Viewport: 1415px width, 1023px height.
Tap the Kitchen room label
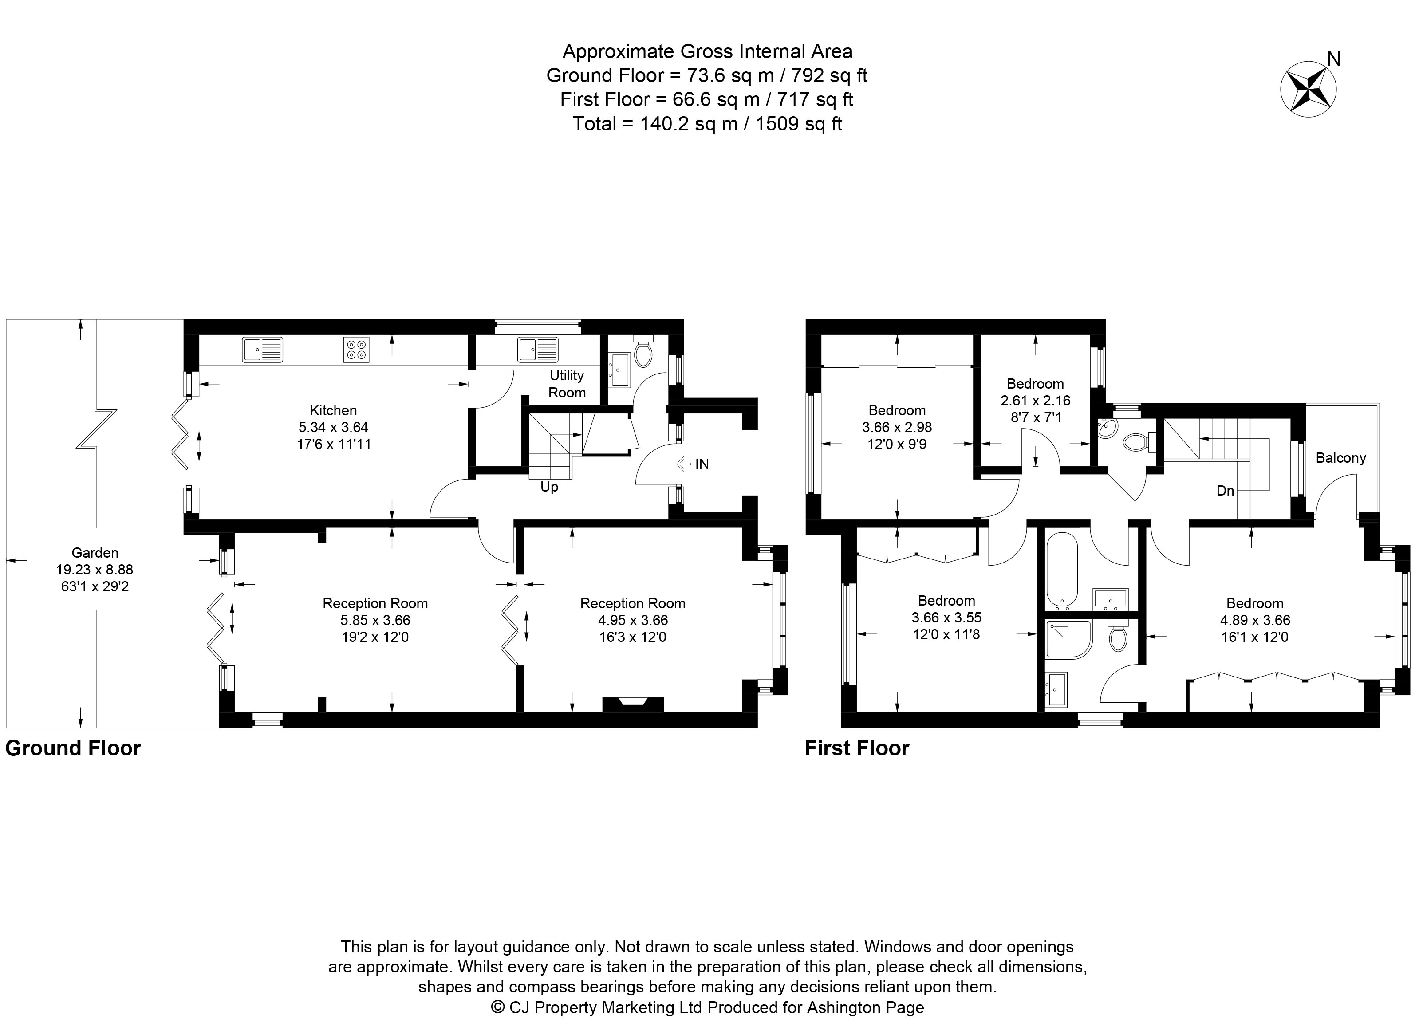point(333,410)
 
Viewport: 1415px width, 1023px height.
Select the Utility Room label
point(567,384)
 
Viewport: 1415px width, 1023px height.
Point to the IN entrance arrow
point(684,464)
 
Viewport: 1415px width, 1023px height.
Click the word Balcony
point(1341,458)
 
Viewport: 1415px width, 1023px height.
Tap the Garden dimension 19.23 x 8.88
point(95,570)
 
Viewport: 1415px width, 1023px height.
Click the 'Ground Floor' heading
point(73,748)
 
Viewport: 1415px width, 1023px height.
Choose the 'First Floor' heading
point(857,748)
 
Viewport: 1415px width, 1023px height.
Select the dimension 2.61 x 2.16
point(1036,401)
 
